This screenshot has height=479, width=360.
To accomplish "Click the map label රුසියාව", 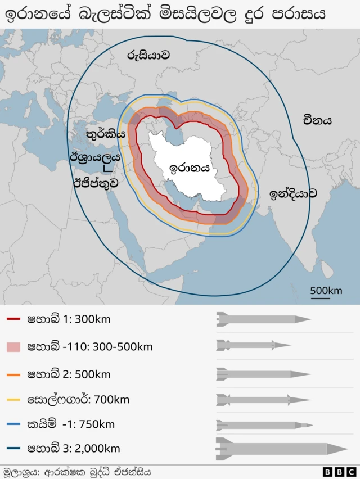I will (x=148, y=56).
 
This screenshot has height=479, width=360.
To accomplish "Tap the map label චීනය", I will (x=317, y=120).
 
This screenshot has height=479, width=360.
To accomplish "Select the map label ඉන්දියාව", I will (x=292, y=194).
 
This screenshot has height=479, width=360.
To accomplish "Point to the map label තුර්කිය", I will (x=106, y=134).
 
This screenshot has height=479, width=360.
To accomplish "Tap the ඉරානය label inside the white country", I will (x=190, y=168).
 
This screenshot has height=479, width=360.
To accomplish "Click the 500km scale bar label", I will (x=326, y=291).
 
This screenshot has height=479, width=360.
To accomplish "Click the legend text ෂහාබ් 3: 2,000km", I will (x=73, y=449).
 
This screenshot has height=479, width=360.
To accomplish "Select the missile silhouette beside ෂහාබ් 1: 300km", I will (x=263, y=319).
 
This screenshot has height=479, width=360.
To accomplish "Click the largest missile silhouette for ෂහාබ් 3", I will (x=281, y=448).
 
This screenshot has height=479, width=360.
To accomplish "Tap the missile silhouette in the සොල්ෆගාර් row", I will (x=263, y=400).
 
